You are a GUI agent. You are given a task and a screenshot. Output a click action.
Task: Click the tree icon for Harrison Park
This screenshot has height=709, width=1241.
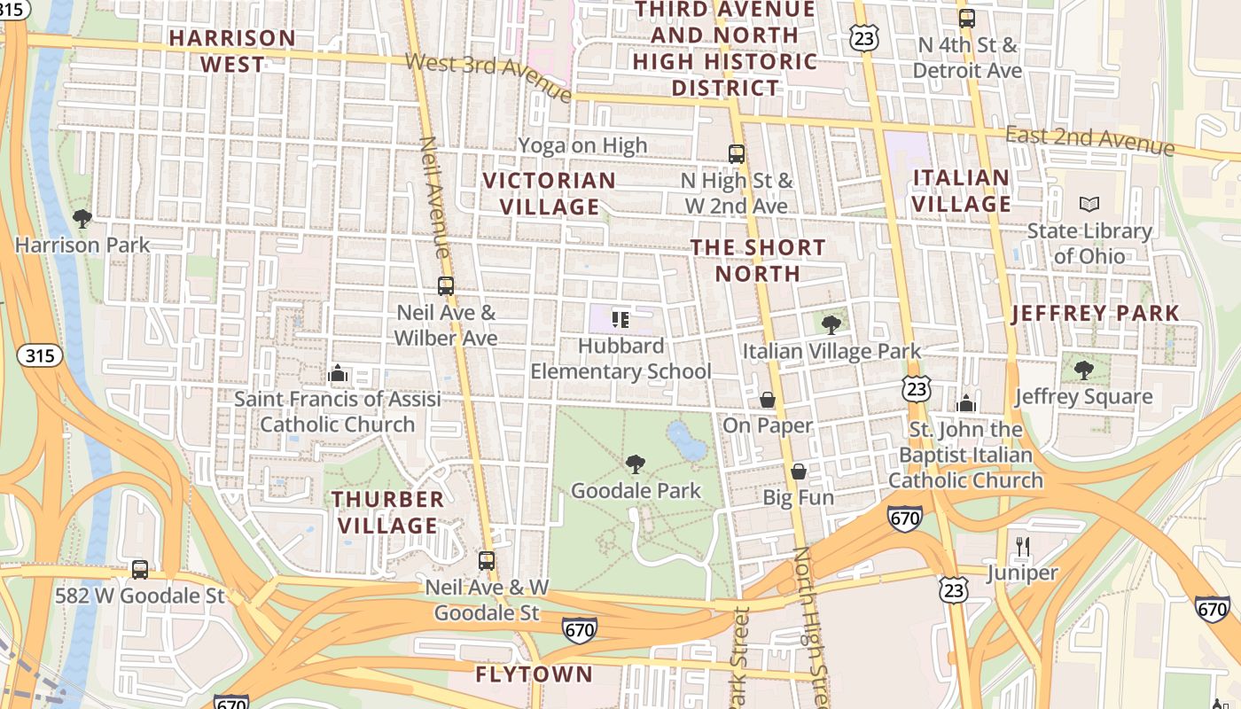coord(82,218)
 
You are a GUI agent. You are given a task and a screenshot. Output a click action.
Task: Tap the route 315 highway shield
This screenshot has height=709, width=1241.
coord(40,356)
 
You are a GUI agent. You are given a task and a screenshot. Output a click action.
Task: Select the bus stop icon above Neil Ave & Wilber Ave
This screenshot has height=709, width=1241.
coord(446,286)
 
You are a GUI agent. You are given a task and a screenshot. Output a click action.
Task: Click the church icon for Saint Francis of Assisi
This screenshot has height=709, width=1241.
coord(337,374)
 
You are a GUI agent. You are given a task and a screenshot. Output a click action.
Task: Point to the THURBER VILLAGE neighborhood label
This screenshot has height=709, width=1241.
coord(387,512)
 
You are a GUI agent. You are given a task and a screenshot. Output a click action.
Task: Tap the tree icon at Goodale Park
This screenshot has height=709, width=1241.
coord(635,464)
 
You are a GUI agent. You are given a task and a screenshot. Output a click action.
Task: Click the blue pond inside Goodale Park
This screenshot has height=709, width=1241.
coord(685,441)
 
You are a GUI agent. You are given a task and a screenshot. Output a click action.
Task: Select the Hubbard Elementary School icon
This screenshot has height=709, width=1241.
coord(620,319)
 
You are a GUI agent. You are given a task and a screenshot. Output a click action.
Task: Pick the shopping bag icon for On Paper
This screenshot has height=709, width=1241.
coord(768,401)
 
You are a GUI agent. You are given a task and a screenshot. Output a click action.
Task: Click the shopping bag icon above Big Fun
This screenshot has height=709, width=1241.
coord(799,471)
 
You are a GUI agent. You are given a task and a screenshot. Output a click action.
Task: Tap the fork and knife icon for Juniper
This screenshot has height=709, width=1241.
coord(1023,547)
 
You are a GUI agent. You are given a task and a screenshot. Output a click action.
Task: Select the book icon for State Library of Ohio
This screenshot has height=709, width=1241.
coord(1089,205)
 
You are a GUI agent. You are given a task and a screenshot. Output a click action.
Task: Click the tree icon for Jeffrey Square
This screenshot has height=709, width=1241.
coord(1083,370)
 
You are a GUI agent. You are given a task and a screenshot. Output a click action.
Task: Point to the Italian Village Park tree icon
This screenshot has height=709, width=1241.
coord(831,325)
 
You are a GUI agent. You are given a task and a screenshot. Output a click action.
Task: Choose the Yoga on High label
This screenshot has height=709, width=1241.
coord(582,145)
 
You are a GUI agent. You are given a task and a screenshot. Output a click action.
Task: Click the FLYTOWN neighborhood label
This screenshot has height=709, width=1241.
coord(534,674)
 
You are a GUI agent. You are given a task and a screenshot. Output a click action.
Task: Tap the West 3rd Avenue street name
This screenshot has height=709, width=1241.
coord(488,76)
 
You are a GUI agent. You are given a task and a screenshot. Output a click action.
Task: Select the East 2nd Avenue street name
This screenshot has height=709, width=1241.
coord(1089,139)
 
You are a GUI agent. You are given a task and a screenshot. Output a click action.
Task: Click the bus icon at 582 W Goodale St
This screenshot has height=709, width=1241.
coord(140,569)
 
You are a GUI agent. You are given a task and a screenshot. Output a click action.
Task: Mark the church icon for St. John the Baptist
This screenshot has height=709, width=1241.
coord(966,404)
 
